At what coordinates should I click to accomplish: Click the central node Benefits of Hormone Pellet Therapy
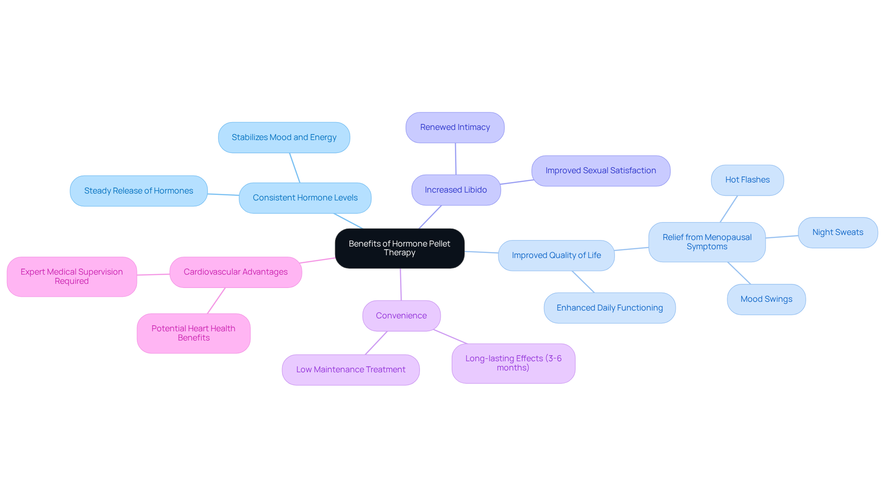tap(399, 248)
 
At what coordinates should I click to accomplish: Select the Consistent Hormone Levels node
tap(305, 198)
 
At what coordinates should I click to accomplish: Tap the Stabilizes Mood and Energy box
tap(284, 137)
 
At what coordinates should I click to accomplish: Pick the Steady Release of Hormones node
tap(138, 191)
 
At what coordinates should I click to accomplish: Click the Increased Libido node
tap(456, 190)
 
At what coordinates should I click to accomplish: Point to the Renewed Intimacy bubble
tap(455, 127)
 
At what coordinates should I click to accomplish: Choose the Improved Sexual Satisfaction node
tap(601, 170)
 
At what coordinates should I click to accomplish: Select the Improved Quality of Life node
tap(556, 255)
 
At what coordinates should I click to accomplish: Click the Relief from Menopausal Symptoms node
tap(707, 242)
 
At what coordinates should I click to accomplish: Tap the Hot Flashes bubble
tap(747, 180)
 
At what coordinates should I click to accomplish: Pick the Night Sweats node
tap(838, 232)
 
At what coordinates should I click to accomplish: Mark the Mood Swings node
tap(766, 299)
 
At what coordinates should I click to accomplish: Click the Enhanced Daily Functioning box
tap(609, 308)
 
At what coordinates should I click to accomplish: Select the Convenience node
tap(401, 316)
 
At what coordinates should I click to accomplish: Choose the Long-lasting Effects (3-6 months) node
tap(513, 363)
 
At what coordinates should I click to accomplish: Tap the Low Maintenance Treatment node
tap(350, 370)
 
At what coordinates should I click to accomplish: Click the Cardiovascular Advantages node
tap(236, 272)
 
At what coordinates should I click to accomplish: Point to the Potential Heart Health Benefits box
tap(193, 333)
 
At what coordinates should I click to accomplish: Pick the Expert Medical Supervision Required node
tap(71, 276)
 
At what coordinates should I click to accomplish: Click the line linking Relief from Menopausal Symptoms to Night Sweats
tap(782, 237)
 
